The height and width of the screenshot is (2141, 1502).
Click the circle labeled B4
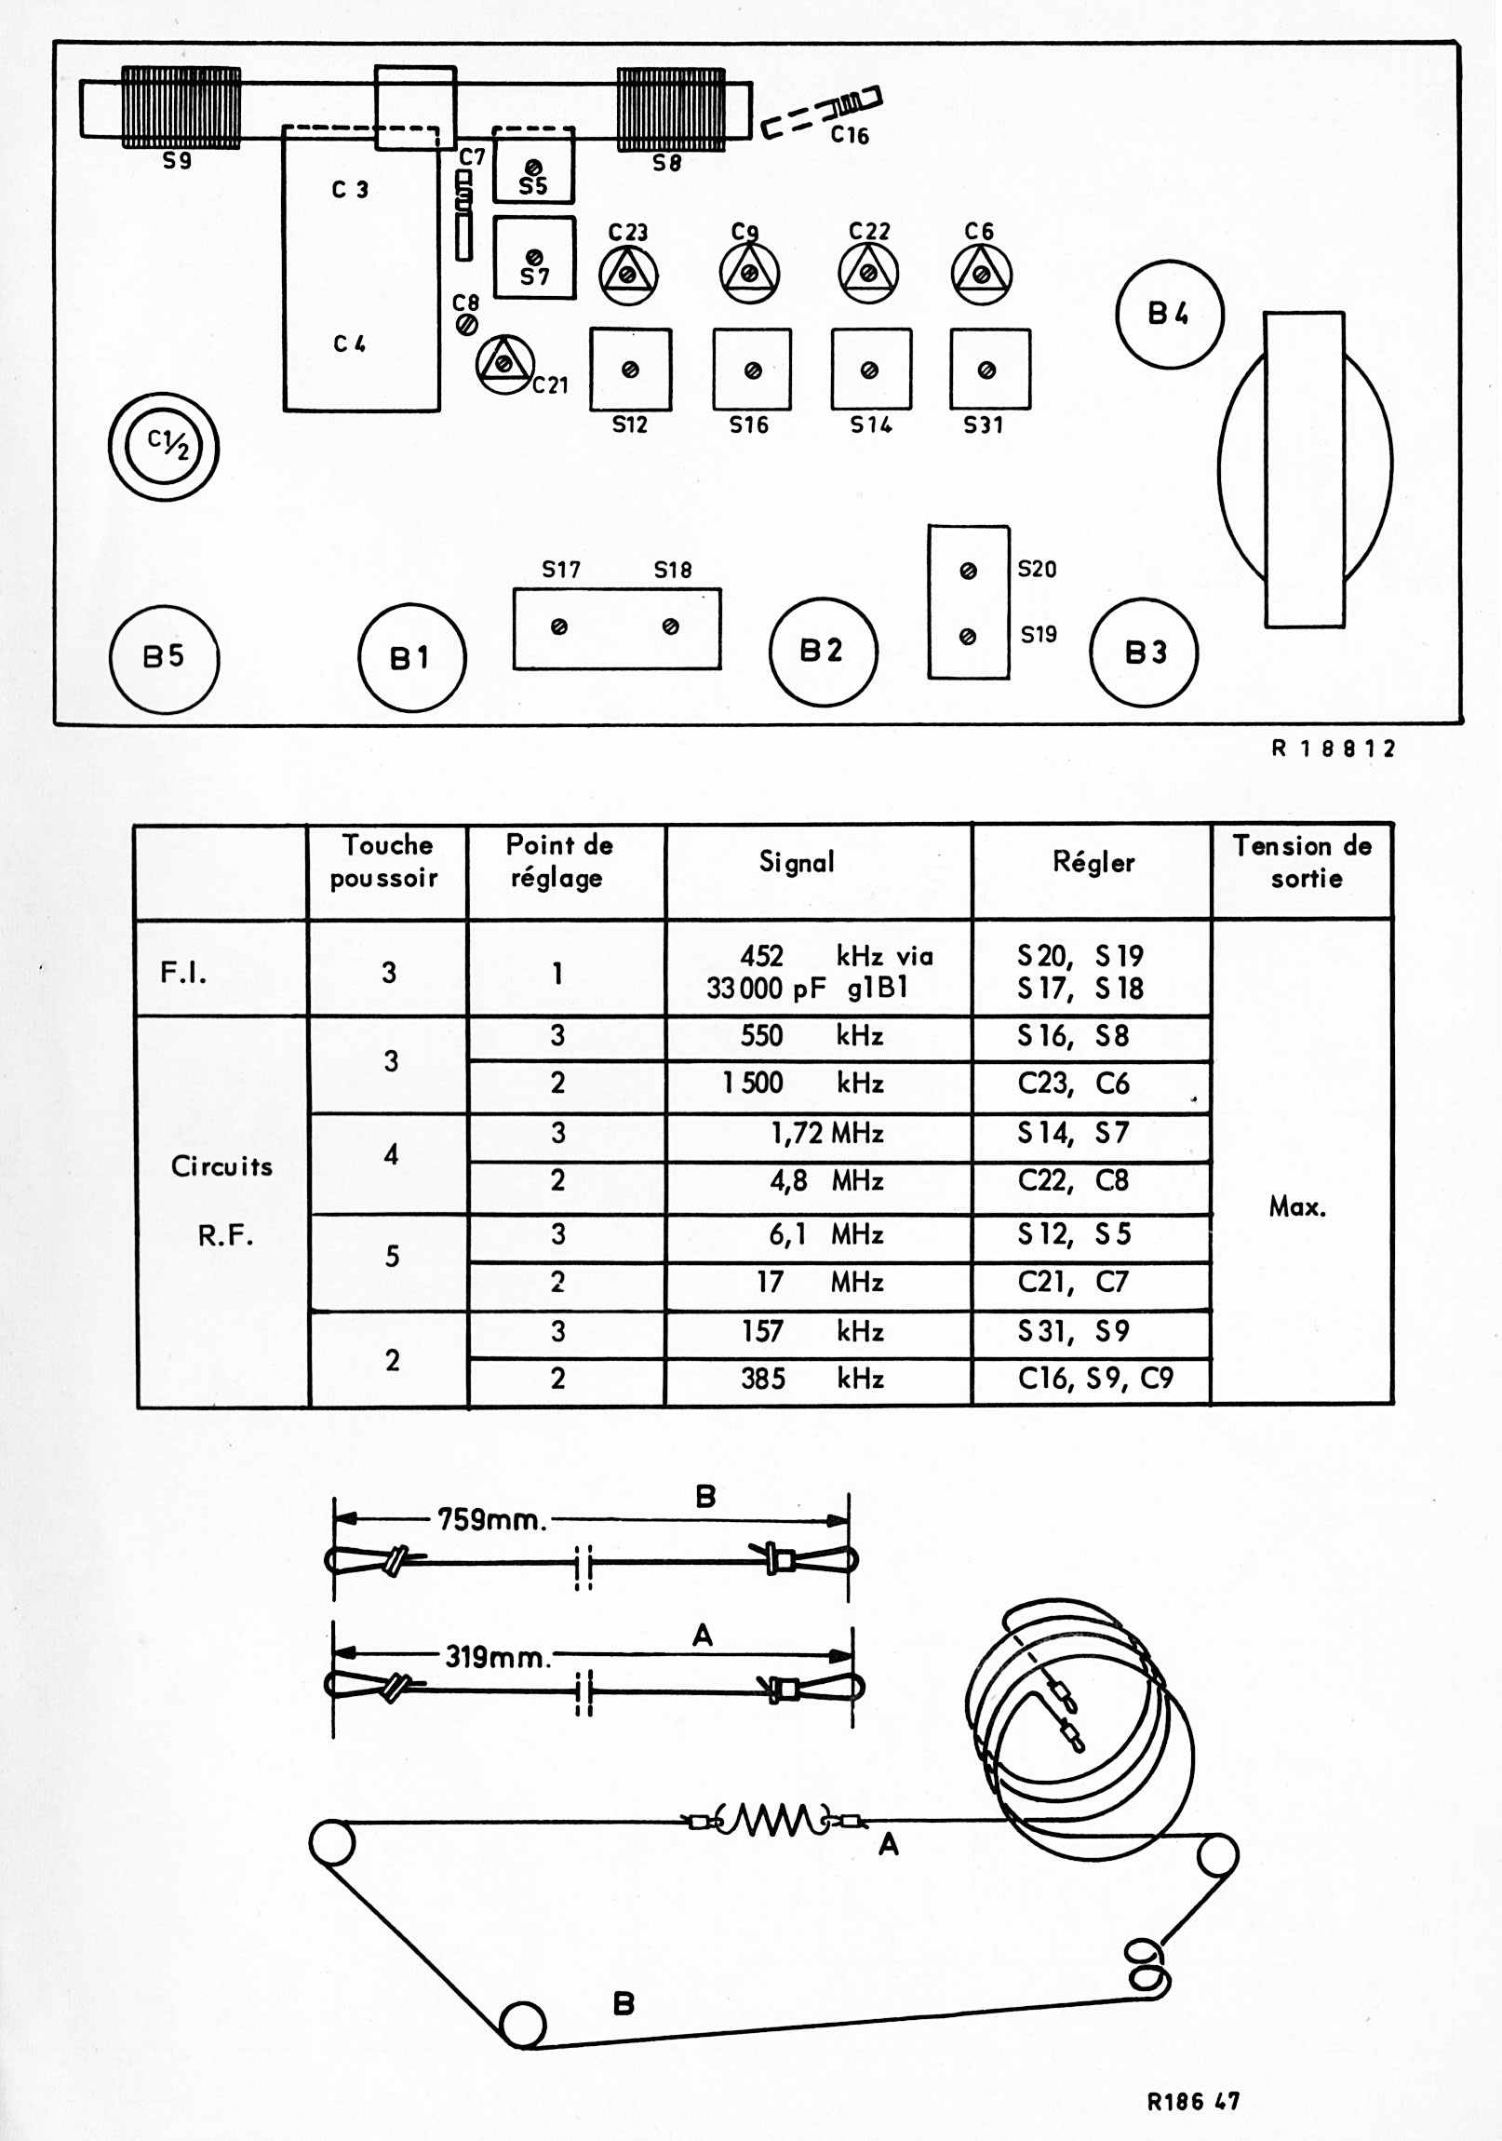point(1169,315)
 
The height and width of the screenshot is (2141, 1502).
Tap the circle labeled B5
point(164,657)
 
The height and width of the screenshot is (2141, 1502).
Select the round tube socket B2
point(824,651)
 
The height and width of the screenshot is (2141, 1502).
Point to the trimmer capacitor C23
point(628,275)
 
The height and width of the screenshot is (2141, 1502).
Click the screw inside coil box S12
point(630,370)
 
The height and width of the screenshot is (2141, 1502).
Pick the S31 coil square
point(989,370)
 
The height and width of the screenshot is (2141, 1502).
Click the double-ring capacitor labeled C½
point(164,446)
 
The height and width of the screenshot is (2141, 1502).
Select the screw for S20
point(968,571)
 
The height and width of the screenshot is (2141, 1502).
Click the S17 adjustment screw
point(559,627)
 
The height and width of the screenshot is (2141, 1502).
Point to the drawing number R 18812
point(1334,748)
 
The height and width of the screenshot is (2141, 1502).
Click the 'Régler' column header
point(1093,863)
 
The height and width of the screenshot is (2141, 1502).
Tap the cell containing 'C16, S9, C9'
point(1094,1379)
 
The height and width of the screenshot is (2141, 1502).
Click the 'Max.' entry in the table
point(1297,1206)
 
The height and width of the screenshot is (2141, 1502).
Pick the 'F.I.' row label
point(183,973)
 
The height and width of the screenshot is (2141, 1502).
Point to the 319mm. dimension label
point(497,1657)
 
